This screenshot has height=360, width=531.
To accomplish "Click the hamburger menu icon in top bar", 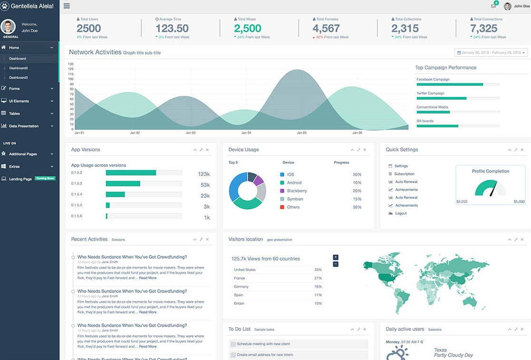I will coord(67,6).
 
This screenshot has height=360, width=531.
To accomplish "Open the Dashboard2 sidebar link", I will coord(18,68).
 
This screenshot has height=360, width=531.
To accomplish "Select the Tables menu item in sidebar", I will coord(14,114).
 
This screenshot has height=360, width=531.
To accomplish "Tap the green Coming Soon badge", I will coord(45,178).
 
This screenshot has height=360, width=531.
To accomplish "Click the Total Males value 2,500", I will coord(248,29).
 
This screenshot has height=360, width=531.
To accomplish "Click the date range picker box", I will coord(491,53).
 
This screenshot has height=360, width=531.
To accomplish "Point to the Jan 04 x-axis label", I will coord(246,133).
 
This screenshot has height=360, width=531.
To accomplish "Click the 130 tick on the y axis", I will coord(71,64).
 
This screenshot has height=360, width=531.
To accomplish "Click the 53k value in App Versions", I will coord(205,185).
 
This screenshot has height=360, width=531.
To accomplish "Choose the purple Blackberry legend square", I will coord(282,191).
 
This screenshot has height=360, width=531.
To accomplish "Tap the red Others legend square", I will coord(282,207).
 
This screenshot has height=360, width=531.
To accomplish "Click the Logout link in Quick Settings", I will coord(401,214).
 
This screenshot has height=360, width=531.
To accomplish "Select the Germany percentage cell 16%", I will coord(318,287).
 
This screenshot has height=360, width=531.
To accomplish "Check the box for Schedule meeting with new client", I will coord(233,344).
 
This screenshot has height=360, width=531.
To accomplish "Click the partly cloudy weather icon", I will coord(397,353).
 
